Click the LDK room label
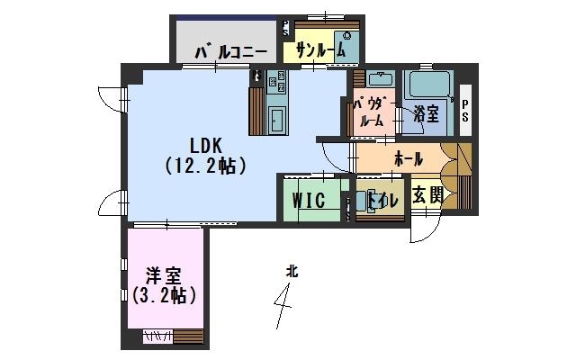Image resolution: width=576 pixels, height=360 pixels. coord(206,146)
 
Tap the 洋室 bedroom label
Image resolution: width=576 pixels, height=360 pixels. coord(164,276)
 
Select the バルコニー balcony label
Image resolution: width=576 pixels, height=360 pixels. coord(231,53)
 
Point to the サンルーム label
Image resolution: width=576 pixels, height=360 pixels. coord(320,50)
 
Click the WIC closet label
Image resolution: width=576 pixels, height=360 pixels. coord(309,201)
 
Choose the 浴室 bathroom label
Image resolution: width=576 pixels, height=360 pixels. coord(426,114)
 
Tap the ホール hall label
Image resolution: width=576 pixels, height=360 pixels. coord(409,159)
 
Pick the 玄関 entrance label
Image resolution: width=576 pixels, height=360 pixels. coord(427,194)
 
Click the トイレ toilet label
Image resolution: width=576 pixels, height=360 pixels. coord(383,201)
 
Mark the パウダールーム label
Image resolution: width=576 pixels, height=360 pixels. coord(371,112)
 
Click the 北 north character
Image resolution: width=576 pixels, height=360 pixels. coord(292,272)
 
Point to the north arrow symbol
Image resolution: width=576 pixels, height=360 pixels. coord(283,306)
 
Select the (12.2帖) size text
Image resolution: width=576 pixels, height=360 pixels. coord(206,166)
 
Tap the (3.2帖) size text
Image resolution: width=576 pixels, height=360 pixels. coord(164,295)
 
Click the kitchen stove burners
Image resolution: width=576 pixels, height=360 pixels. coord(277,81)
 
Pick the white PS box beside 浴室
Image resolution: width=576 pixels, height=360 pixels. coord(465,110)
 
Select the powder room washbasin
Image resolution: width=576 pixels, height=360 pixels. coord(381,79)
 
